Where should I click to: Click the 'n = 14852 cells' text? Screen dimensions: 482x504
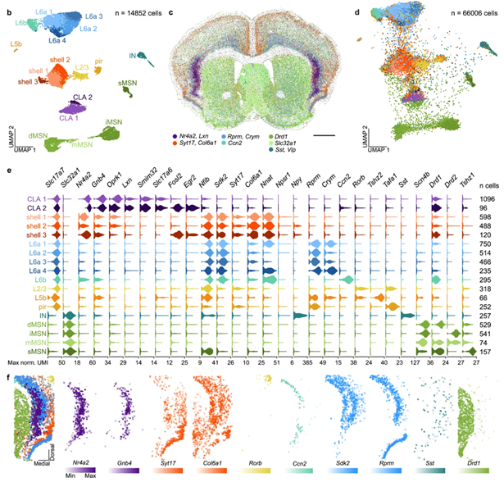[x=132, y=15]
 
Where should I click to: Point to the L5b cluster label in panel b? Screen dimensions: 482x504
[x=17, y=43]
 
